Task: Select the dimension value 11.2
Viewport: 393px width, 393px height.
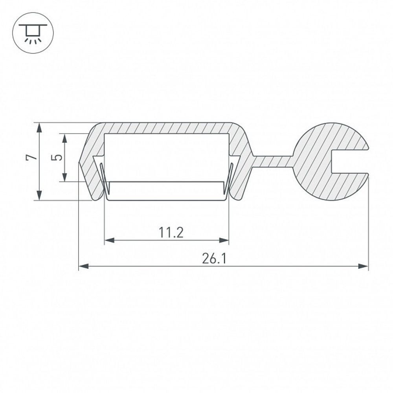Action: (x=172, y=233)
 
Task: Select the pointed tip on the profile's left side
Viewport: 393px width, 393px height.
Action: (x=80, y=161)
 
